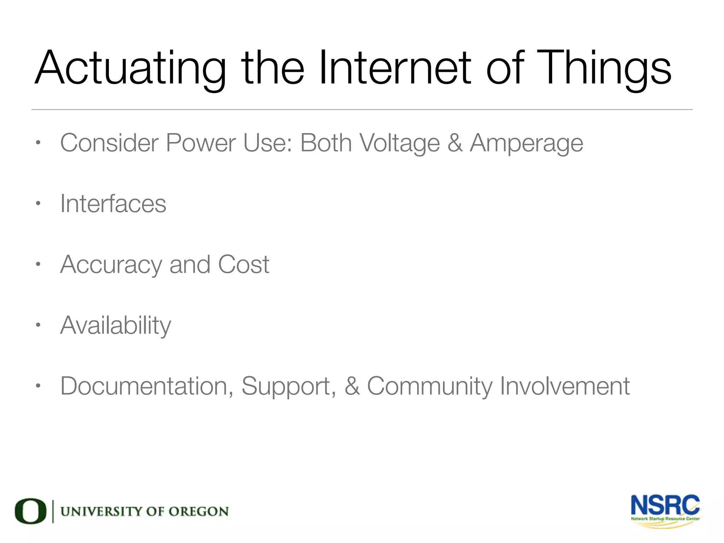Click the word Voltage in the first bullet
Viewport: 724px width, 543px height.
pyautogui.click(x=399, y=144)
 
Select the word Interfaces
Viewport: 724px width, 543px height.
pyautogui.click(x=113, y=204)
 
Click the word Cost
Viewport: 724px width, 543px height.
pyautogui.click(x=244, y=265)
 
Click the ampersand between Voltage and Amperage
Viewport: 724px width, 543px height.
pyautogui.click(x=455, y=143)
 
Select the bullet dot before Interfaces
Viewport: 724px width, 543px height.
pyautogui.click(x=38, y=203)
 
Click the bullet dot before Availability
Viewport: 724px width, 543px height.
pyautogui.click(x=38, y=325)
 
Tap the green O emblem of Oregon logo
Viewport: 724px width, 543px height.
pyautogui.click(x=30, y=511)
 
